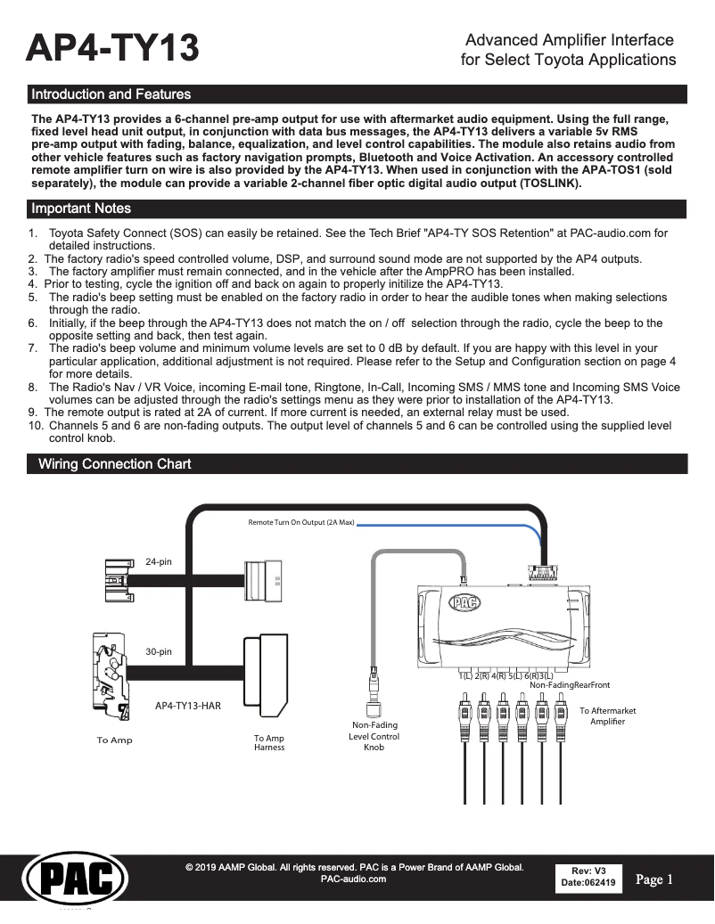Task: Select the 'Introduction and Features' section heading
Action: [111, 94]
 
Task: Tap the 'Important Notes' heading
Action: [81, 209]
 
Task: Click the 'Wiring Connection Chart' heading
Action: [114, 464]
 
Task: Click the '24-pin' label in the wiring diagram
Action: [158, 561]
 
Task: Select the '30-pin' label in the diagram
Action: [158, 651]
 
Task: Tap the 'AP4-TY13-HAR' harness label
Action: [187, 705]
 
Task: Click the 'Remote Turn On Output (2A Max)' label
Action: [300, 521]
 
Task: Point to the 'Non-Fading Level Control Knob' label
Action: [374, 736]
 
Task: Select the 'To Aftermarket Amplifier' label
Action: [607, 715]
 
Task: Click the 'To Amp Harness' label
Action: [268, 742]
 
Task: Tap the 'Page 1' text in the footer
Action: [654, 879]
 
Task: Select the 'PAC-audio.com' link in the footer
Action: [353, 879]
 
